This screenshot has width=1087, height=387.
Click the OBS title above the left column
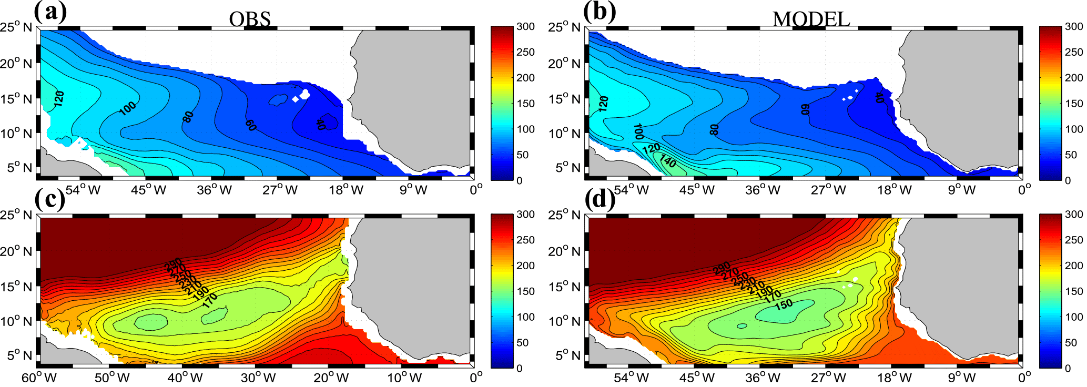pos(250,19)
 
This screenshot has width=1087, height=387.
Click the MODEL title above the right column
pos(811,19)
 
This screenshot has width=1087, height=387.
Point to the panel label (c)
pos(50,200)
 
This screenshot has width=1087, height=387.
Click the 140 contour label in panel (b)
pos(668,161)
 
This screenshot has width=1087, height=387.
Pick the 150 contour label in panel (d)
pos(784,304)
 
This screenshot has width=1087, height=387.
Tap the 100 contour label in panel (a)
pos(127,108)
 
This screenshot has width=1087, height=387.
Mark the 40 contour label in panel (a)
pos(320,124)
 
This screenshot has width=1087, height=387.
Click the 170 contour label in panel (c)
pos(210,300)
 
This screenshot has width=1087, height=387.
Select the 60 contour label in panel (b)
pos(805,109)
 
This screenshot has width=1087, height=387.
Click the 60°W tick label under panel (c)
pos(39,378)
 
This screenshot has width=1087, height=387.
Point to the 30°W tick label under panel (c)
pos(258,378)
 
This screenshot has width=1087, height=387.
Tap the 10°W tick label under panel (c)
pos(404,378)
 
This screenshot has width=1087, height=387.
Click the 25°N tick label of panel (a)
pos(16,27)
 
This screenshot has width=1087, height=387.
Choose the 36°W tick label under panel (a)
pos(214,190)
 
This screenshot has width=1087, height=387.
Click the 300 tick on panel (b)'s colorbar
pos(1073,27)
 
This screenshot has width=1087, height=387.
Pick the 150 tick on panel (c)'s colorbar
pos(525,291)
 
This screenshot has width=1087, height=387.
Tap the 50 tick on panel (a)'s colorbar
pos(522,155)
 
